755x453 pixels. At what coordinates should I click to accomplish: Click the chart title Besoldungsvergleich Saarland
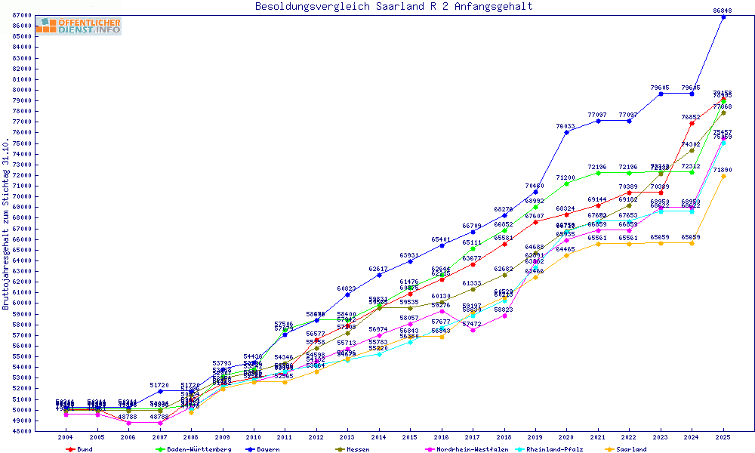(x=393, y=7)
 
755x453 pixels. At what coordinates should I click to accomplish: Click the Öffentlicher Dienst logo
(x=78, y=26)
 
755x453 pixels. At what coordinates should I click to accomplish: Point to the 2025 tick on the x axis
(x=723, y=437)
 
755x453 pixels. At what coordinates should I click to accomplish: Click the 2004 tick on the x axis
(x=66, y=437)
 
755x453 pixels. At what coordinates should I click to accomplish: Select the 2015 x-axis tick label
(x=410, y=437)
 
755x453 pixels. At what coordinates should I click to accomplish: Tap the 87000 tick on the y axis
(x=21, y=15)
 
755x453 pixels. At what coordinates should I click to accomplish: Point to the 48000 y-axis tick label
(x=21, y=431)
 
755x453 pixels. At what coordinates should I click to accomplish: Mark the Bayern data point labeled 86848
(x=723, y=17)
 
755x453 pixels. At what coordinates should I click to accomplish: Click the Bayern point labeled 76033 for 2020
(x=566, y=132)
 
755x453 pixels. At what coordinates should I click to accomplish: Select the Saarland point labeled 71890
(x=723, y=176)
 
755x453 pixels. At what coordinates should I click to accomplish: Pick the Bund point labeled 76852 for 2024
(x=692, y=123)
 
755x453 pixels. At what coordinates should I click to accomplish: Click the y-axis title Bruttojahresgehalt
(x=6, y=225)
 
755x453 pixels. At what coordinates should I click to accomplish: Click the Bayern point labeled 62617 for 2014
(x=379, y=275)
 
